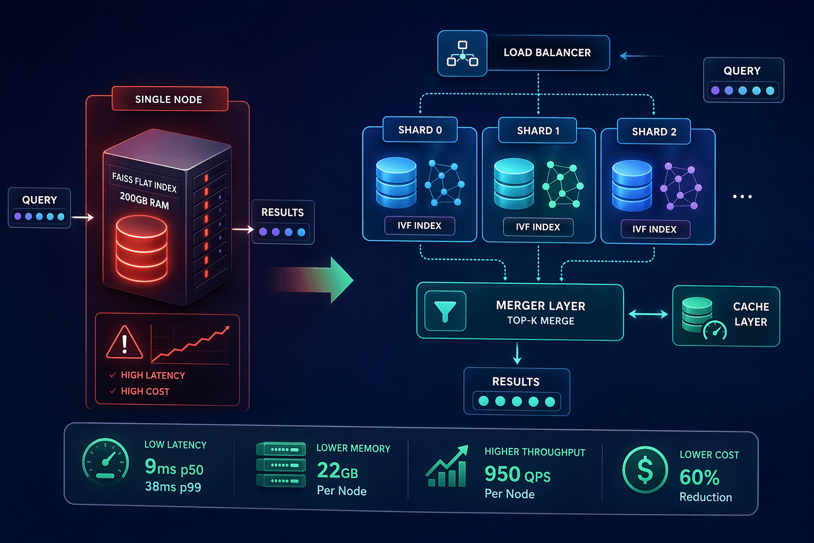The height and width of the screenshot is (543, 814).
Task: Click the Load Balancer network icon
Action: (462, 54)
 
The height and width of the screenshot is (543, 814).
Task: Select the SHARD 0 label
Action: (420, 130)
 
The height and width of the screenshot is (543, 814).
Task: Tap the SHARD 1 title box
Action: (537, 131)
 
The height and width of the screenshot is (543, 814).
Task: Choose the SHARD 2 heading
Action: (654, 132)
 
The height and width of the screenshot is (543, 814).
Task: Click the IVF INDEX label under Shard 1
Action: (538, 227)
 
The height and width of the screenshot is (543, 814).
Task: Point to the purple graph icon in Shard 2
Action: (681, 187)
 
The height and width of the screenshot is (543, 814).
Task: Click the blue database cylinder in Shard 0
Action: (396, 182)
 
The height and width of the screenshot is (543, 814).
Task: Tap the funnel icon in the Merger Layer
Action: (445, 311)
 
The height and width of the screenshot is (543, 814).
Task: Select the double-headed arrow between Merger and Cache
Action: (648, 314)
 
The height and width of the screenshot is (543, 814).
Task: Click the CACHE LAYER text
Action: (750, 314)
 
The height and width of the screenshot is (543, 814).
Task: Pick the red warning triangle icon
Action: (125, 343)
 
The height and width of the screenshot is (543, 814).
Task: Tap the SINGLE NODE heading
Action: (169, 99)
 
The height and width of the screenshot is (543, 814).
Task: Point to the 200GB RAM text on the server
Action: (144, 200)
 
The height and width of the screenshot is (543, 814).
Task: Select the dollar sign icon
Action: (645, 470)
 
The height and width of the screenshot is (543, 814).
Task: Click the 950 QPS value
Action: (517, 474)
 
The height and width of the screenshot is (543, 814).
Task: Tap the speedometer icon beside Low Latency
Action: (106, 461)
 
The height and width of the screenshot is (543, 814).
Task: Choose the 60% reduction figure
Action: (699, 477)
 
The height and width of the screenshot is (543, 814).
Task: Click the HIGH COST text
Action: (145, 391)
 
